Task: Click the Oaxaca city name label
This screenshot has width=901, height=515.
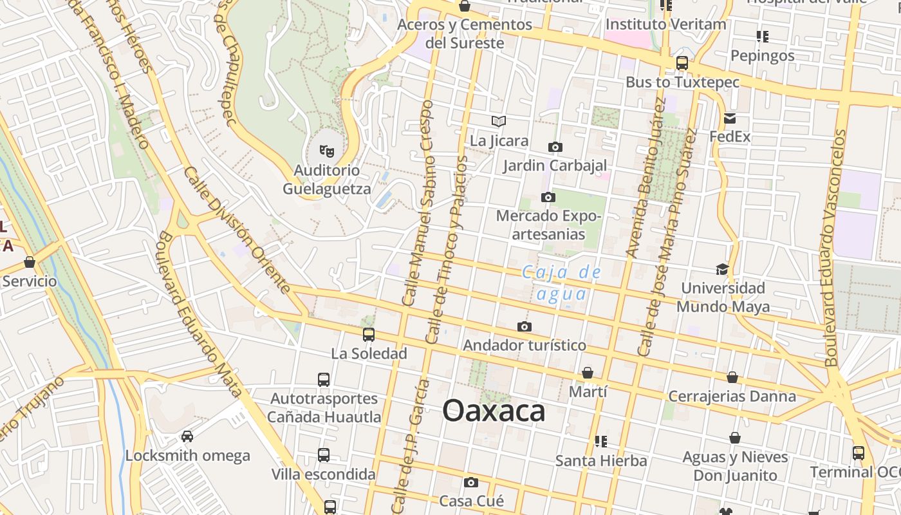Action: pos(494,411)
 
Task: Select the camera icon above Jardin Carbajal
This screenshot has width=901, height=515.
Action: pos(555,147)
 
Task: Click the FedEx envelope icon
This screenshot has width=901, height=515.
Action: pos(730,118)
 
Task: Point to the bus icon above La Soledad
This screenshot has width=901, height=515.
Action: pos(369,335)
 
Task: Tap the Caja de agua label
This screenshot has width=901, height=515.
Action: pos(561,283)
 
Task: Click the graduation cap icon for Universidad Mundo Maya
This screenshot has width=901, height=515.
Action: pos(722,269)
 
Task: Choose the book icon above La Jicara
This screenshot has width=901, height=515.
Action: pos(499,121)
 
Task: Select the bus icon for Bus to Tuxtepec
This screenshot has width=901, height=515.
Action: pos(682,63)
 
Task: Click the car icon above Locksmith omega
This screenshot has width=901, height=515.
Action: pos(187,436)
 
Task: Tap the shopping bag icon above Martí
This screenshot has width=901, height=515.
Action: pos(588,373)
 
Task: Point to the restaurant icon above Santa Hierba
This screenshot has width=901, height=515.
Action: pos(600,442)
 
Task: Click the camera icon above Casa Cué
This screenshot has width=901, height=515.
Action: pos(471,482)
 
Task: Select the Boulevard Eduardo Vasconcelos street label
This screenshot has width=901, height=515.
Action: pos(835,248)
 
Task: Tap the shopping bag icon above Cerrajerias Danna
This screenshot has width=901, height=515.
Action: pos(732,377)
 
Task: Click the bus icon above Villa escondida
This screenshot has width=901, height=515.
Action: pos(324,455)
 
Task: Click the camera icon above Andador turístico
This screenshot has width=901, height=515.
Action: pos(525,327)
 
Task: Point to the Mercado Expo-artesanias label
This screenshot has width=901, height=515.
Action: pos(549,225)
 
